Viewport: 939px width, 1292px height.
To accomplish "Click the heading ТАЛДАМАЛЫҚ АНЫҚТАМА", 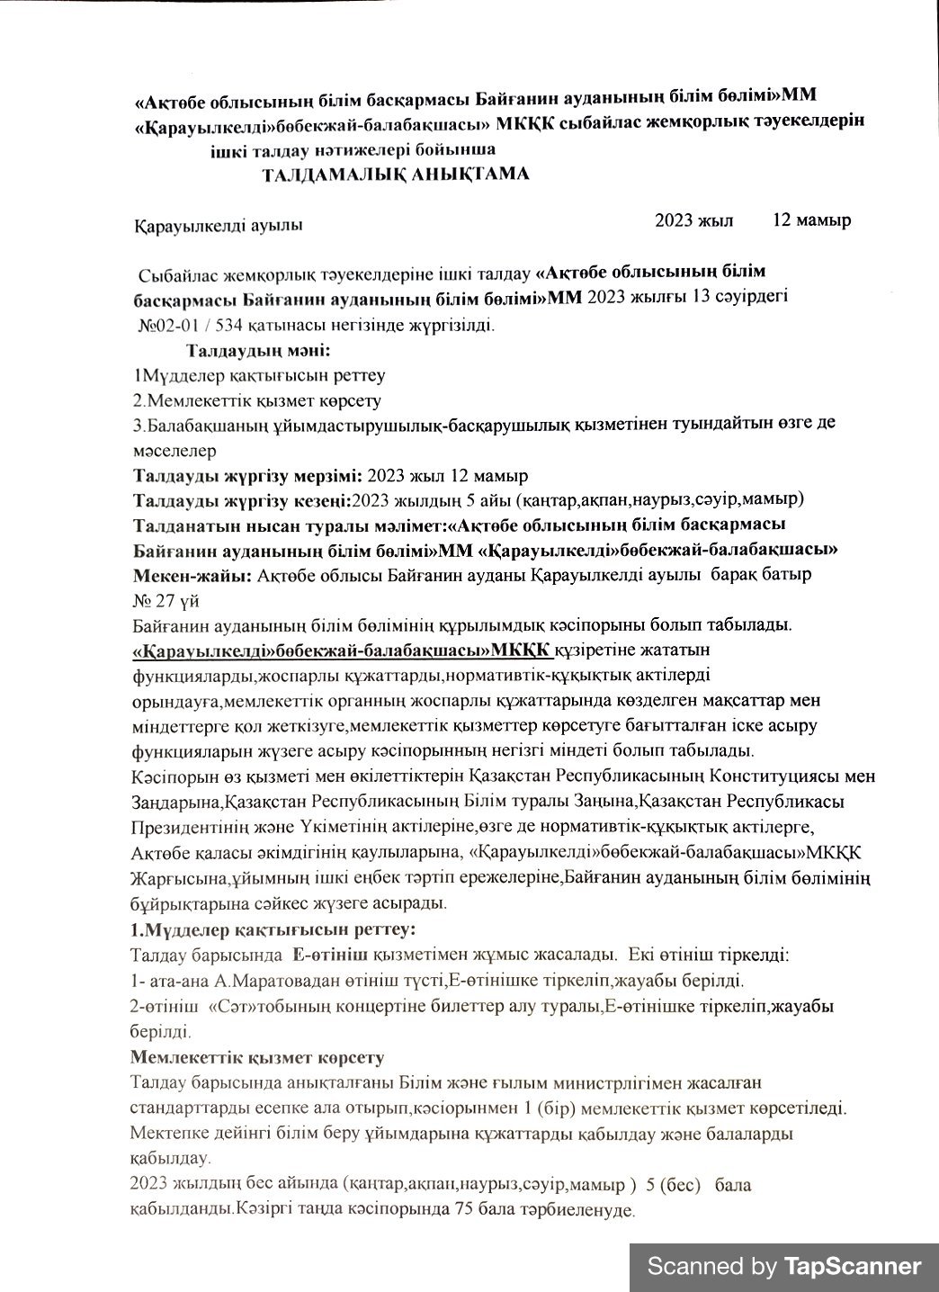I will [x=395, y=174].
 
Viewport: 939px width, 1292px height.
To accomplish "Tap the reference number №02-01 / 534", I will [x=193, y=325].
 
